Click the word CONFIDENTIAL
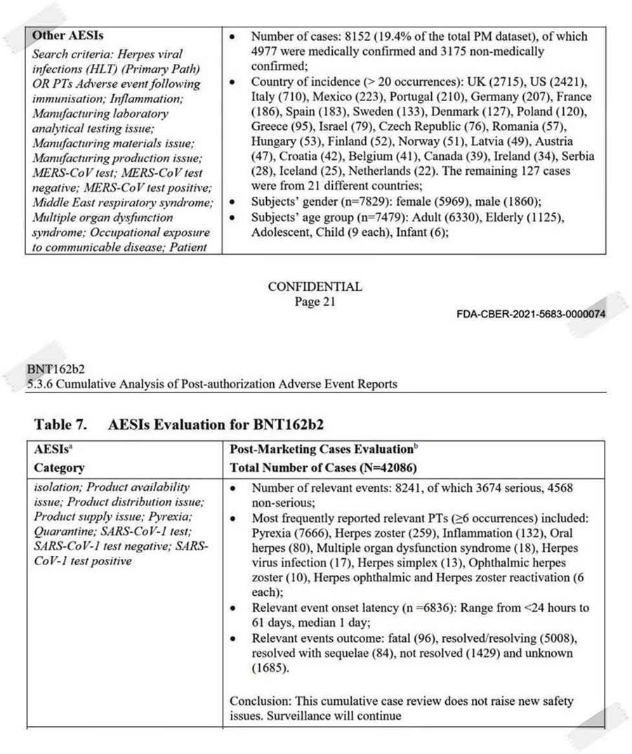[x=315, y=287]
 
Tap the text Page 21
[x=315, y=302]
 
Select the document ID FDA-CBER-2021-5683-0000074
[x=530, y=314]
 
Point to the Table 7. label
[x=62, y=425]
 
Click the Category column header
[x=59, y=468]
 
